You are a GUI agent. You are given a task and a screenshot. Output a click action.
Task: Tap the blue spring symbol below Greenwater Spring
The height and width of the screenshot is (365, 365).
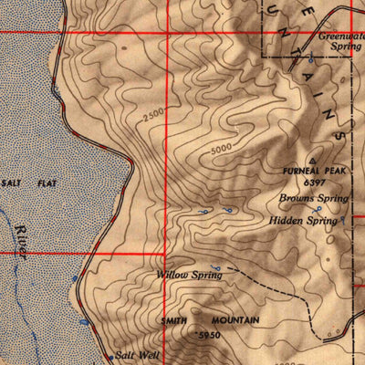311,60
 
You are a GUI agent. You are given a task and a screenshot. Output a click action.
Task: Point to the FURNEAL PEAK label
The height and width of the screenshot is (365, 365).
315,169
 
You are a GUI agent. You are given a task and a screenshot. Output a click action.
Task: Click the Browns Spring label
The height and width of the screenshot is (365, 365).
314,198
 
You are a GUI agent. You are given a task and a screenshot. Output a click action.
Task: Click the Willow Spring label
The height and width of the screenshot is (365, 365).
190,274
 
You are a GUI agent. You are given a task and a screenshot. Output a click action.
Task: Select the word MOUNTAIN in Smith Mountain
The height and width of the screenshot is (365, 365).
235,321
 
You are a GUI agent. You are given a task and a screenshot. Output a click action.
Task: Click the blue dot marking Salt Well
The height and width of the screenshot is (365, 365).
111,357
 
